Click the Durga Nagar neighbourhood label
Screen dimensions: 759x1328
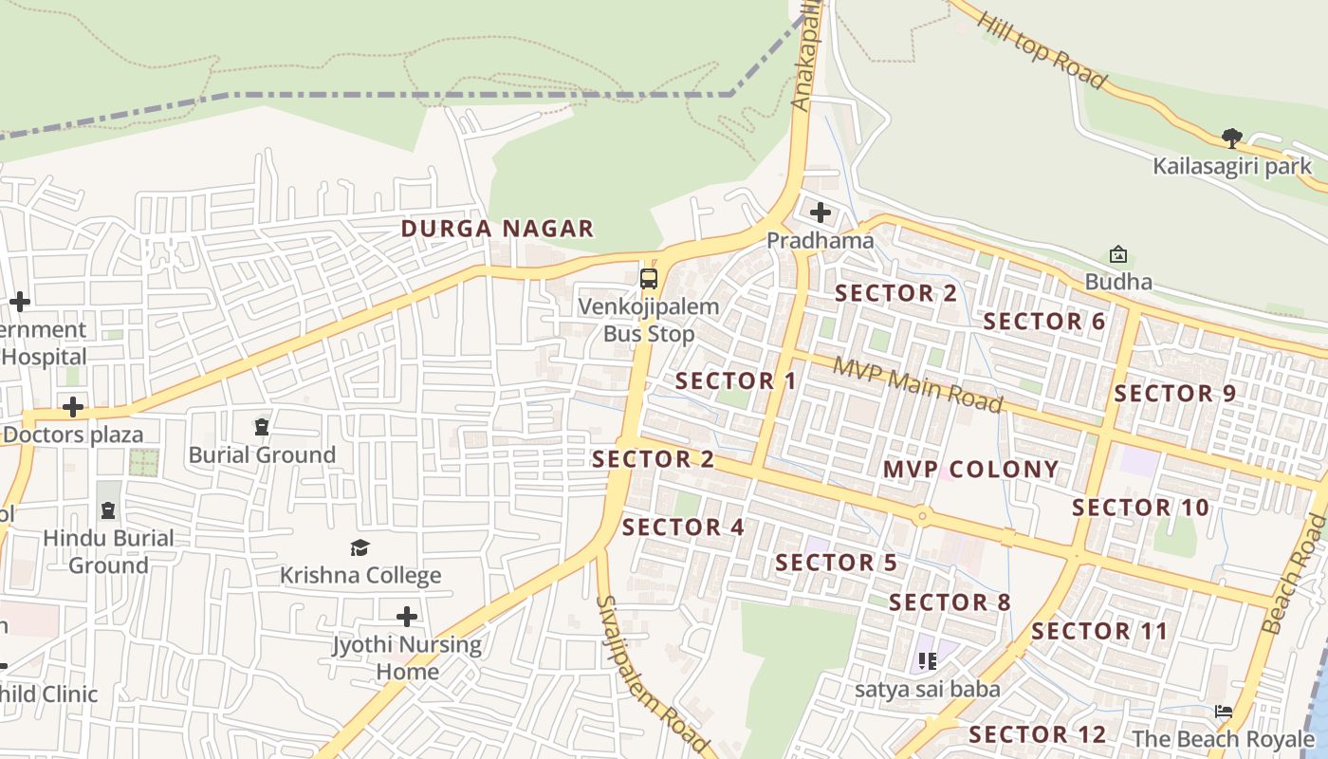coord(497,229)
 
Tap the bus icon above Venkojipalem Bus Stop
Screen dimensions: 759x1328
coord(649,279)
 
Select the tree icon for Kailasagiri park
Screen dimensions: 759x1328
coord(1231,139)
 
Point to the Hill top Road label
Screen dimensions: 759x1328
coord(1041,50)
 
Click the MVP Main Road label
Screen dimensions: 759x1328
coord(917,384)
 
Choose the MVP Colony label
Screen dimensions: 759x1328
coord(970,470)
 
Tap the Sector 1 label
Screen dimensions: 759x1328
coord(736,381)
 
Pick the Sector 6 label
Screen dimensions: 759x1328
coord(1044,322)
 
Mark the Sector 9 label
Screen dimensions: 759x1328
coord(1175,394)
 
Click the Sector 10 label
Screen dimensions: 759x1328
coord(1141,508)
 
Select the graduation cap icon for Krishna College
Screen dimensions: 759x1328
coord(360,548)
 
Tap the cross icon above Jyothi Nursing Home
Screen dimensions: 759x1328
coord(407,618)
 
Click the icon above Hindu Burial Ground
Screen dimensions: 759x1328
coord(108,510)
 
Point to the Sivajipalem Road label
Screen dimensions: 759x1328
coord(653,675)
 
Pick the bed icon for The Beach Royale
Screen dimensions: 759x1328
coord(1224,712)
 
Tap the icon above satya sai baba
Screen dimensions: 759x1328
coord(927,661)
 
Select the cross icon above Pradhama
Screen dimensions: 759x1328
coord(821,213)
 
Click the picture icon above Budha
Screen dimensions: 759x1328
coord(1118,254)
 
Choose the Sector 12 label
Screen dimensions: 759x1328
coord(1038,734)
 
